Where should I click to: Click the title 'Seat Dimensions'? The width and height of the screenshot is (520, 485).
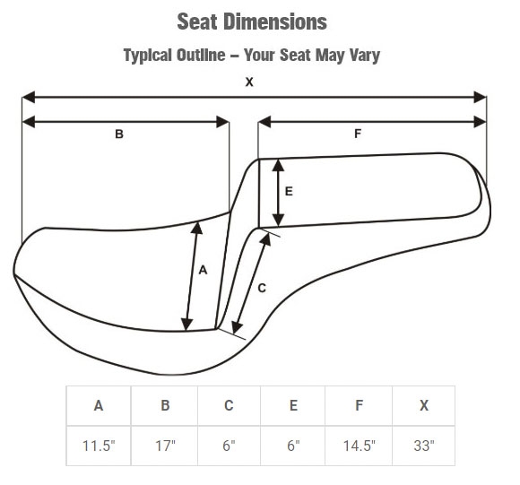(252, 22)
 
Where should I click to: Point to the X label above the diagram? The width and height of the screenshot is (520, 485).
(249, 82)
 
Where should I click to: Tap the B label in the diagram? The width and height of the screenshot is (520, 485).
(119, 134)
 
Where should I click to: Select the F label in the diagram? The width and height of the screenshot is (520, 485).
(358, 134)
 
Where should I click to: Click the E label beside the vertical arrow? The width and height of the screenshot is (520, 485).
(289, 191)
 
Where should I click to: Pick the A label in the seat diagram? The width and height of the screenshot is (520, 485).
(203, 270)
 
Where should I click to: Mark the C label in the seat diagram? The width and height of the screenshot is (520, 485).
(262, 288)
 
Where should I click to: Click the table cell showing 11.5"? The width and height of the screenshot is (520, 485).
(99, 446)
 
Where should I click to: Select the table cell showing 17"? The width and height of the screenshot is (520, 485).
(165, 446)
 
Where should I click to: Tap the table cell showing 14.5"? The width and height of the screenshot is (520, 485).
(359, 446)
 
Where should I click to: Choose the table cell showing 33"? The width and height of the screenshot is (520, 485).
(424, 446)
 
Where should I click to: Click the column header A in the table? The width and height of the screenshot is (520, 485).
(99, 405)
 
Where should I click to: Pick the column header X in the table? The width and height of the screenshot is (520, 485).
(424, 405)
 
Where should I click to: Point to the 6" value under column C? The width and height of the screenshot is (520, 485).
(229, 446)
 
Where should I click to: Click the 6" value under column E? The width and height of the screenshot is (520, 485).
(293, 446)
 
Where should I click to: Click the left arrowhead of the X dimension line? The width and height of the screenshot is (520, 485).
(29, 97)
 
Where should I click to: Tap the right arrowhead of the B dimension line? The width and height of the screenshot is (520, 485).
(222, 122)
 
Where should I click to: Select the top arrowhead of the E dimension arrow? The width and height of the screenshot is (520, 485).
(278, 165)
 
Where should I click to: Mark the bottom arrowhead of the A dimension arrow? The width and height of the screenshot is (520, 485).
(187, 325)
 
